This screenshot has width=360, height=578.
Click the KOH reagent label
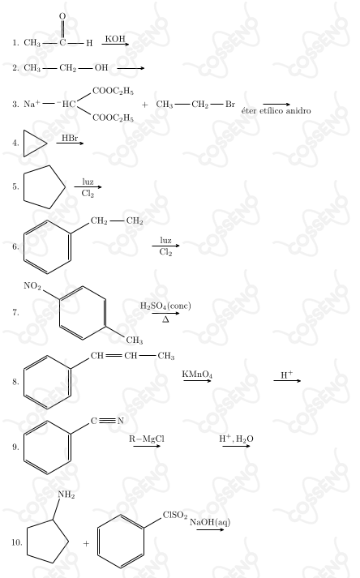[115, 39]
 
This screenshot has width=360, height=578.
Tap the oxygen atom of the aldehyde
[62, 16]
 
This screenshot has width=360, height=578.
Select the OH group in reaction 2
[101, 67]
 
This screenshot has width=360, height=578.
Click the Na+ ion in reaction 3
[32, 104]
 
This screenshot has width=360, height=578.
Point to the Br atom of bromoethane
[230, 104]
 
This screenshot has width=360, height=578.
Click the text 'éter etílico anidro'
[276, 110]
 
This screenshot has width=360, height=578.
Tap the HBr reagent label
[70, 138]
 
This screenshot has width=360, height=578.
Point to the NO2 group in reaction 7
[32, 285]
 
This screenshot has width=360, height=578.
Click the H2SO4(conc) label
[165, 306]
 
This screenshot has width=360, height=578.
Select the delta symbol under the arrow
[165, 319]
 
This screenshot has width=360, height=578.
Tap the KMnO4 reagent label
[197, 375]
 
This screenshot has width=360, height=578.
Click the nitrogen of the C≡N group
[120, 421]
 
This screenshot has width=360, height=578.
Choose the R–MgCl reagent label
[147, 439]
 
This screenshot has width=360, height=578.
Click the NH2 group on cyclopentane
[66, 495]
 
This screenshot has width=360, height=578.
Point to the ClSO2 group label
[175, 515]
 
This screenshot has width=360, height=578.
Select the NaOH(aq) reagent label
[210, 521]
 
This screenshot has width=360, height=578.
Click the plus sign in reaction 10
[86, 543]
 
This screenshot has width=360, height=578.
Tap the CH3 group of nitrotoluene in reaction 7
[135, 340]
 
